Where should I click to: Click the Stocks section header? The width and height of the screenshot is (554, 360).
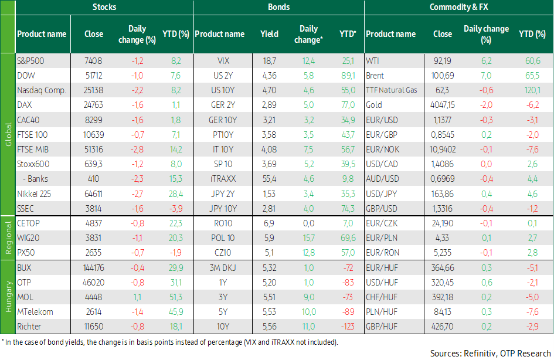tap(104, 7)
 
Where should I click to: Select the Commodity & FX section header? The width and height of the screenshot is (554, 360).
tap(458, 7)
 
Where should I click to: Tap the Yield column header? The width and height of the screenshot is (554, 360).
tap(269, 34)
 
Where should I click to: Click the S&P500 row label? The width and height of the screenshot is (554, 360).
tap(30, 61)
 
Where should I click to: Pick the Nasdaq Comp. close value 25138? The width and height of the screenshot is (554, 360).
tap(93, 90)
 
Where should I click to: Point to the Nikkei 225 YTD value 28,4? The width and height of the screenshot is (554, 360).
tap(176, 194)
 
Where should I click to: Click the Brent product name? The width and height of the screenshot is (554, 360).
tap(375, 76)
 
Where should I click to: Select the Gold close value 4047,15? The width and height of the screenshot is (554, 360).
tap(443, 105)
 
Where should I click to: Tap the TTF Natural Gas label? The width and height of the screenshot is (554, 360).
tap(392, 90)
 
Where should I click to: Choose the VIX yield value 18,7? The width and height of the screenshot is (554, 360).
tap(269, 61)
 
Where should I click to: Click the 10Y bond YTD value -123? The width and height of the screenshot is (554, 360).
tap(348, 327)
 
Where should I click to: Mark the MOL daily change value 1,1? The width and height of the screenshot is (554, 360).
tap(137, 297)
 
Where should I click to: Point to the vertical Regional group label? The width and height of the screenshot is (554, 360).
tap(8, 238)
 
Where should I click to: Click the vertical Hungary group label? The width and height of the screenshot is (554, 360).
tap(8, 297)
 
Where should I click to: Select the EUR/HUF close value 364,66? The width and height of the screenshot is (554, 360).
tap(443, 268)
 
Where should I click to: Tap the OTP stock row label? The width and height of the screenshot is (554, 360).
tap(24, 283)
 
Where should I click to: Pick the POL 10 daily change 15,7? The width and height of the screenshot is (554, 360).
tap(308, 238)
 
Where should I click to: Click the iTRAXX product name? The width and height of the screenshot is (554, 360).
tap(223, 179)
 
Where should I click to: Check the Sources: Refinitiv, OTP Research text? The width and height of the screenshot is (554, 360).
tap(491, 354)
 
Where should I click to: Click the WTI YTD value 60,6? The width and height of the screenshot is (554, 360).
tap(532, 61)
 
